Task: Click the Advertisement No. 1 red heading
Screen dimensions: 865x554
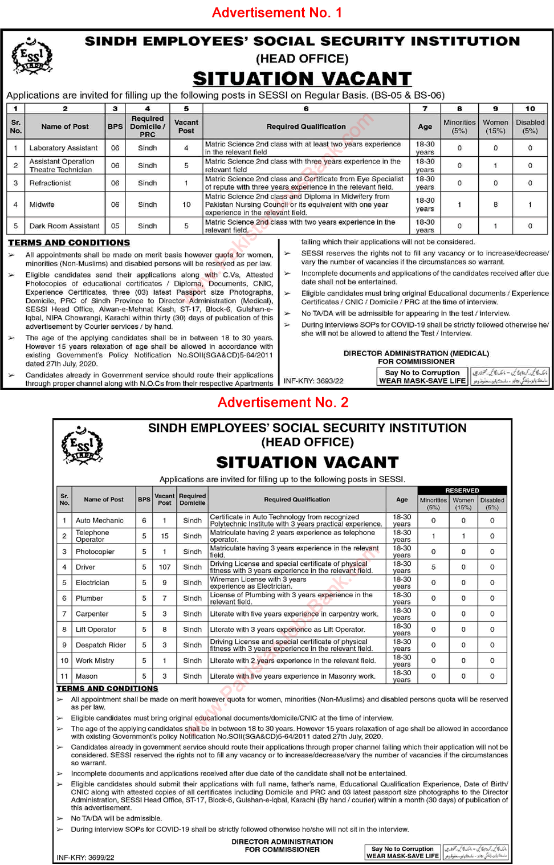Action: (x=277, y=13)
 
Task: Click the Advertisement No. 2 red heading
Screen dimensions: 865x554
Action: (x=283, y=402)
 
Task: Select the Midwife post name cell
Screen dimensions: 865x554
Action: (x=42, y=205)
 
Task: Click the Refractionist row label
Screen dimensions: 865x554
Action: (x=50, y=183)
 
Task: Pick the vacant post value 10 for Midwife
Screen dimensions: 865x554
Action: (x=186, y=205)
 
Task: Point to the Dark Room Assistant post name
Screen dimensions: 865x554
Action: (x=64, y=226)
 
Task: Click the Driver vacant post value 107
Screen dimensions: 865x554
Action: (x=165, y=567)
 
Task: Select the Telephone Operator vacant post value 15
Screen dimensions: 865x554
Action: (x=165, y=536)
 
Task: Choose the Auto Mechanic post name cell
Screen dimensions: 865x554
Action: (x=99, y=520)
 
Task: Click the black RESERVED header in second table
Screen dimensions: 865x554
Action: (x=462, y=491)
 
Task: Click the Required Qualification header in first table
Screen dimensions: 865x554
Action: (x=306, y=127)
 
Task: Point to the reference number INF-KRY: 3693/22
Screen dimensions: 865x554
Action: (x=313, y=381)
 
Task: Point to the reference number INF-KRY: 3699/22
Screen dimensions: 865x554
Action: (x=85, y=857)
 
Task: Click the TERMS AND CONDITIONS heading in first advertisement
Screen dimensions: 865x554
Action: (x=69, y=243)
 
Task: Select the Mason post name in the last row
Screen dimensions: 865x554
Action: (x=87, y=676)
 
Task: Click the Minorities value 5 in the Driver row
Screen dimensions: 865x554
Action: (x=433, y=567)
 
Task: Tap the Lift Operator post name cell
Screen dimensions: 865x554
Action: (x=96, y=630)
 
